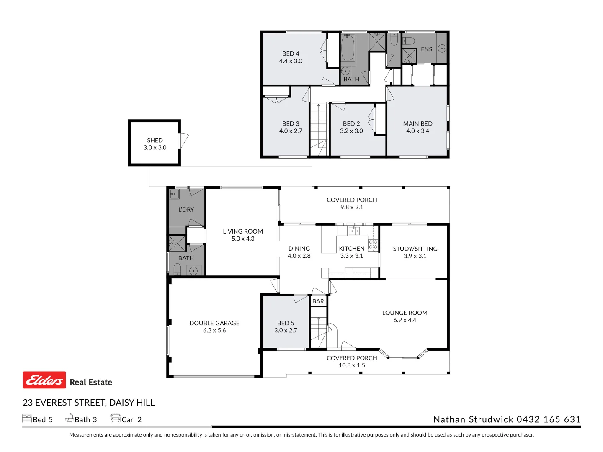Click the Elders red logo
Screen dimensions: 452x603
click(44, 380)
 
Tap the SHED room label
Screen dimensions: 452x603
click(155, 140)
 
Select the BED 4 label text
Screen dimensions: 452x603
click(291, 54)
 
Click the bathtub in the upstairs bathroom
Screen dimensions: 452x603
click(348, 48)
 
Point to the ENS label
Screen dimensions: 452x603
click(426, 49)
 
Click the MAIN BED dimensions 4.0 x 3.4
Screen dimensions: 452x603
click(417, 131)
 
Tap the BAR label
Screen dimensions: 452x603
click(318, 301)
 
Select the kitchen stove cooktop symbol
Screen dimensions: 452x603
click(373, 245)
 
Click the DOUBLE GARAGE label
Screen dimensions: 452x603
click(214, 323)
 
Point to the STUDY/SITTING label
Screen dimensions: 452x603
click(415, 249)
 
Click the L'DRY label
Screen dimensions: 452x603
click(186, 210)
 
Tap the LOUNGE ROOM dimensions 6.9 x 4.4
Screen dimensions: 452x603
click(405, 320)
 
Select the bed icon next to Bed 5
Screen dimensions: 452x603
click(27, 419)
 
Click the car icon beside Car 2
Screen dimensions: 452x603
click(115, 419)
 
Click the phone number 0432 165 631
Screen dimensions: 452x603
click(549, 419)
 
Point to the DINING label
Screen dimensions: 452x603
click(299, 249)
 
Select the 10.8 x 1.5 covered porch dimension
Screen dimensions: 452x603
click(352, 365)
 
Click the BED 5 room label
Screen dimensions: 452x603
click(286, 323)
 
